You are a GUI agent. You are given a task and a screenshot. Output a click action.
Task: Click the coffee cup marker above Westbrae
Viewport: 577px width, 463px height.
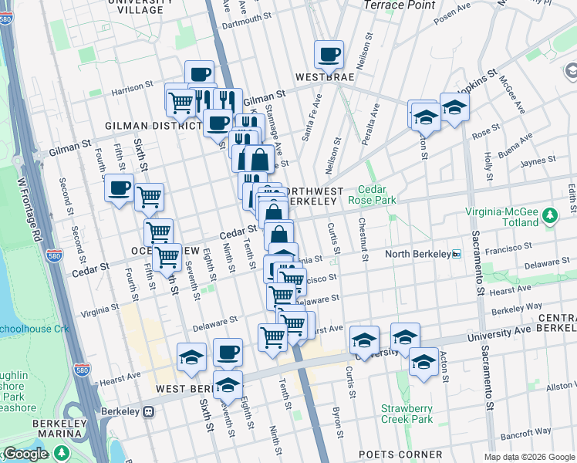(329, 55)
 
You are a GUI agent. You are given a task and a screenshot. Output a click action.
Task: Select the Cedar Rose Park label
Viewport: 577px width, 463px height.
(377, 194)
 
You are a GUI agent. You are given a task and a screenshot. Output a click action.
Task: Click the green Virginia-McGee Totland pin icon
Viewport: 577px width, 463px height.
(549, 213)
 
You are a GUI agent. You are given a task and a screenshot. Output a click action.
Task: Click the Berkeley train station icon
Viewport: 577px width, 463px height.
(148, 411)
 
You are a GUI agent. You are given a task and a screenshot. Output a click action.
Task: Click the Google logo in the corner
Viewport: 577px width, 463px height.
(25, 455)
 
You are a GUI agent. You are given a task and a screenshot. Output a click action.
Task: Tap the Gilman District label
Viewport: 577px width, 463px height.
(143, 125)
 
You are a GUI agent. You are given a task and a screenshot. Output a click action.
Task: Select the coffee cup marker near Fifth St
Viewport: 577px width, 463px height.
(119, 188)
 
